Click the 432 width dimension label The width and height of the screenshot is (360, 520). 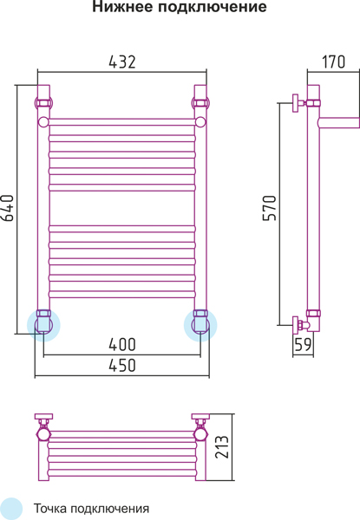pos(122,62)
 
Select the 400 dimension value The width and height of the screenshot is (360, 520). pos(122,345)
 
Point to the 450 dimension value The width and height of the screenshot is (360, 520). pos(122,365)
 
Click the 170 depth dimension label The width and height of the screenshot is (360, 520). pos(333,62)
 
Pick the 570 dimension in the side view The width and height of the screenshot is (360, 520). pos(270,208)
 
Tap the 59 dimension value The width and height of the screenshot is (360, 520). pos(303,345)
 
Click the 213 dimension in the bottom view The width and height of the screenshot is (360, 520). pos(222,446)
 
